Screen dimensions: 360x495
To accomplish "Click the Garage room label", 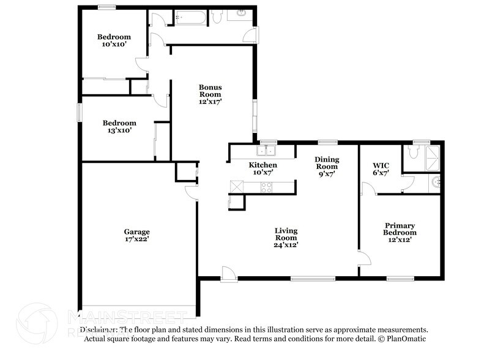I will (x=136, y=235).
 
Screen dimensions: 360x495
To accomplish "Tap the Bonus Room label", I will (x=210, y=94).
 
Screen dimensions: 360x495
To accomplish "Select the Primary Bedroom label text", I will (x=400, y=233).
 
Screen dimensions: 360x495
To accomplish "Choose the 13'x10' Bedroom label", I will (x=119, y=126).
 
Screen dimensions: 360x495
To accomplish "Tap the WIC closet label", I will (x=381, y=169).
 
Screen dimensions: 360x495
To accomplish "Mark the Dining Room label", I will (x=326, y=166).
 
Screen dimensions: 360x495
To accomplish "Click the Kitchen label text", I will (x=262, y=168).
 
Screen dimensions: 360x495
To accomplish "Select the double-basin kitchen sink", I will (x=267, y=150).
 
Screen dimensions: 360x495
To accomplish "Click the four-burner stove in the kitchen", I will (x=267, y=188).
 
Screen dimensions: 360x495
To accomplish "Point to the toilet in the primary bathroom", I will (x=413, y=156).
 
